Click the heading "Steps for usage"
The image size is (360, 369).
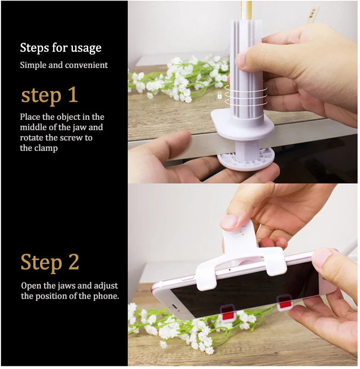[x=61, y=48]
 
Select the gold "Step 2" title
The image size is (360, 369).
[x=50, y=262]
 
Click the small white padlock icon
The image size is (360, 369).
[x=220, y=95]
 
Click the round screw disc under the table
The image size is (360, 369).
[x=246, y=159]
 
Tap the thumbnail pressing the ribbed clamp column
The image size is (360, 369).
[x=241, y=59]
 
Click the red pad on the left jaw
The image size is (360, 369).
[x=227, y=313]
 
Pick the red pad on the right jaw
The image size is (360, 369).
[x=285, y=303]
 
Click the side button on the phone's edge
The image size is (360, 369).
[x=188, y=278]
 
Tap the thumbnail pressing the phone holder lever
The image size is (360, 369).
[x=229, y=222]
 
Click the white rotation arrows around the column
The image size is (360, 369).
[x=246, y=95]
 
